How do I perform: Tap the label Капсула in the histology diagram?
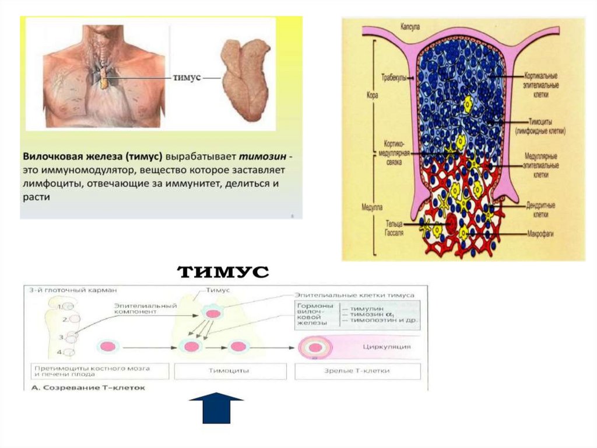(412, 26)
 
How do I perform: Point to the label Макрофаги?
(541, 235)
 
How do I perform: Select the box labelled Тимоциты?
(230, 371)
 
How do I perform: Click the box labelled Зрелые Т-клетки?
(357, 371)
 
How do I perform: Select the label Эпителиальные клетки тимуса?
(354, 295)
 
